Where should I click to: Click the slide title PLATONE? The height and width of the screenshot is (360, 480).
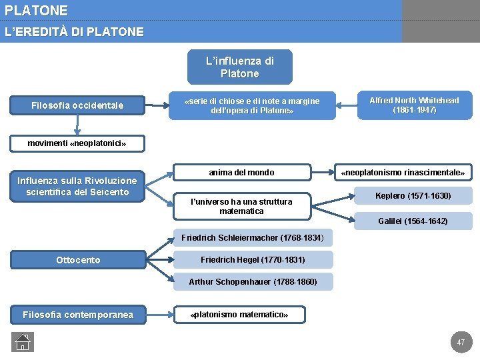pyautogui.click(x=36, y=11)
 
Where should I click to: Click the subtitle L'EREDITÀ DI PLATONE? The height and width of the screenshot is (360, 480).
pyautogui.click(x=74, y=32)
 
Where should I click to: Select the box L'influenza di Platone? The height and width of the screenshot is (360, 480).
pyautogui.click(x=239, y=67)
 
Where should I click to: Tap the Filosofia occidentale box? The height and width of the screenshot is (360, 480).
pyautogui.click(x=77, y=105)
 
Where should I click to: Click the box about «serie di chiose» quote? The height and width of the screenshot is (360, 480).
pyautogui.click(x=252, y=106)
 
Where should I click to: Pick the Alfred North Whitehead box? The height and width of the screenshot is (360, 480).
pyautogui.click(x=414, y=105)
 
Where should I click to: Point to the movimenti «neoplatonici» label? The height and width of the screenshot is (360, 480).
pyautogui.click(x=77, y=143)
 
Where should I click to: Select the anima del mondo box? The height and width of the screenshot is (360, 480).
pyautogui.click(x=241, y=173)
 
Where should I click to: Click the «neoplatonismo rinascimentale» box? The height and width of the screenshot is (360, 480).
pyautogui.click(x=403, y=173)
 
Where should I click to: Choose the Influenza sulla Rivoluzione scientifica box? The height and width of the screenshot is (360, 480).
pyautogui.click(x=77, y=187)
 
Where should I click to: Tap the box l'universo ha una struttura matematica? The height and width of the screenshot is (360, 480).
pyautogui.click(x=241, y=207)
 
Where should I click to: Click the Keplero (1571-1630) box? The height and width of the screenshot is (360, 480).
pyautogui.click(x=413, y=196)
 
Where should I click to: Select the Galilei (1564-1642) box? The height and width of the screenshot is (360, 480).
pyautogui.click(x=413, y=221)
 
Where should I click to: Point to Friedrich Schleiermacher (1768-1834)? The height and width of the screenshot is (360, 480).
pyautogui.click(x=252, y=237)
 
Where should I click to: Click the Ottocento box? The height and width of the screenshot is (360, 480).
pyautogui.click(x=78, y=260)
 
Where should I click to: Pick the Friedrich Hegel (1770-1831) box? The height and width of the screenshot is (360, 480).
pyautogui.click(x=253, y=260)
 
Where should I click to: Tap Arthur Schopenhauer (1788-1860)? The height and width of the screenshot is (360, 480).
pyautogui.click(x=253, y=282)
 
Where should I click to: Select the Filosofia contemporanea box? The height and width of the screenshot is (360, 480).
pyautogui.click(x=78, y=315)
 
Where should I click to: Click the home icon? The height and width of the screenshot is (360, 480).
pyautogui.click(x=22, y=341)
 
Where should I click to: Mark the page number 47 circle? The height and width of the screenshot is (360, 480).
pyautogui.click(x=461, y=342)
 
